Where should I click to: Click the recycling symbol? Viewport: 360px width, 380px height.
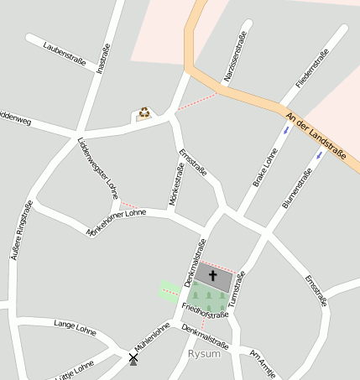click(144, 112)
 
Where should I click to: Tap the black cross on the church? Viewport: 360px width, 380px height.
click(212, 275)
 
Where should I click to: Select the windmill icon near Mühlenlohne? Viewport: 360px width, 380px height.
click(133, 359)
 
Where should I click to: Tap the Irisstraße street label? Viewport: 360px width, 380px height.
click(103, 59)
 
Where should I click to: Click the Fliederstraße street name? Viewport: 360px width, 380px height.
click(311, 70)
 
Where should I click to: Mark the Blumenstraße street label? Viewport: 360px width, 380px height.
click(297, 189)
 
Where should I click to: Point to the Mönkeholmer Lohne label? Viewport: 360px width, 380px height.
click(116, 224)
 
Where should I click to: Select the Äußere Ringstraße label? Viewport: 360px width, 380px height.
click(21, 231)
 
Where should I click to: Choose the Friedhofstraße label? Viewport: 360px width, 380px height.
click(205, 311)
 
